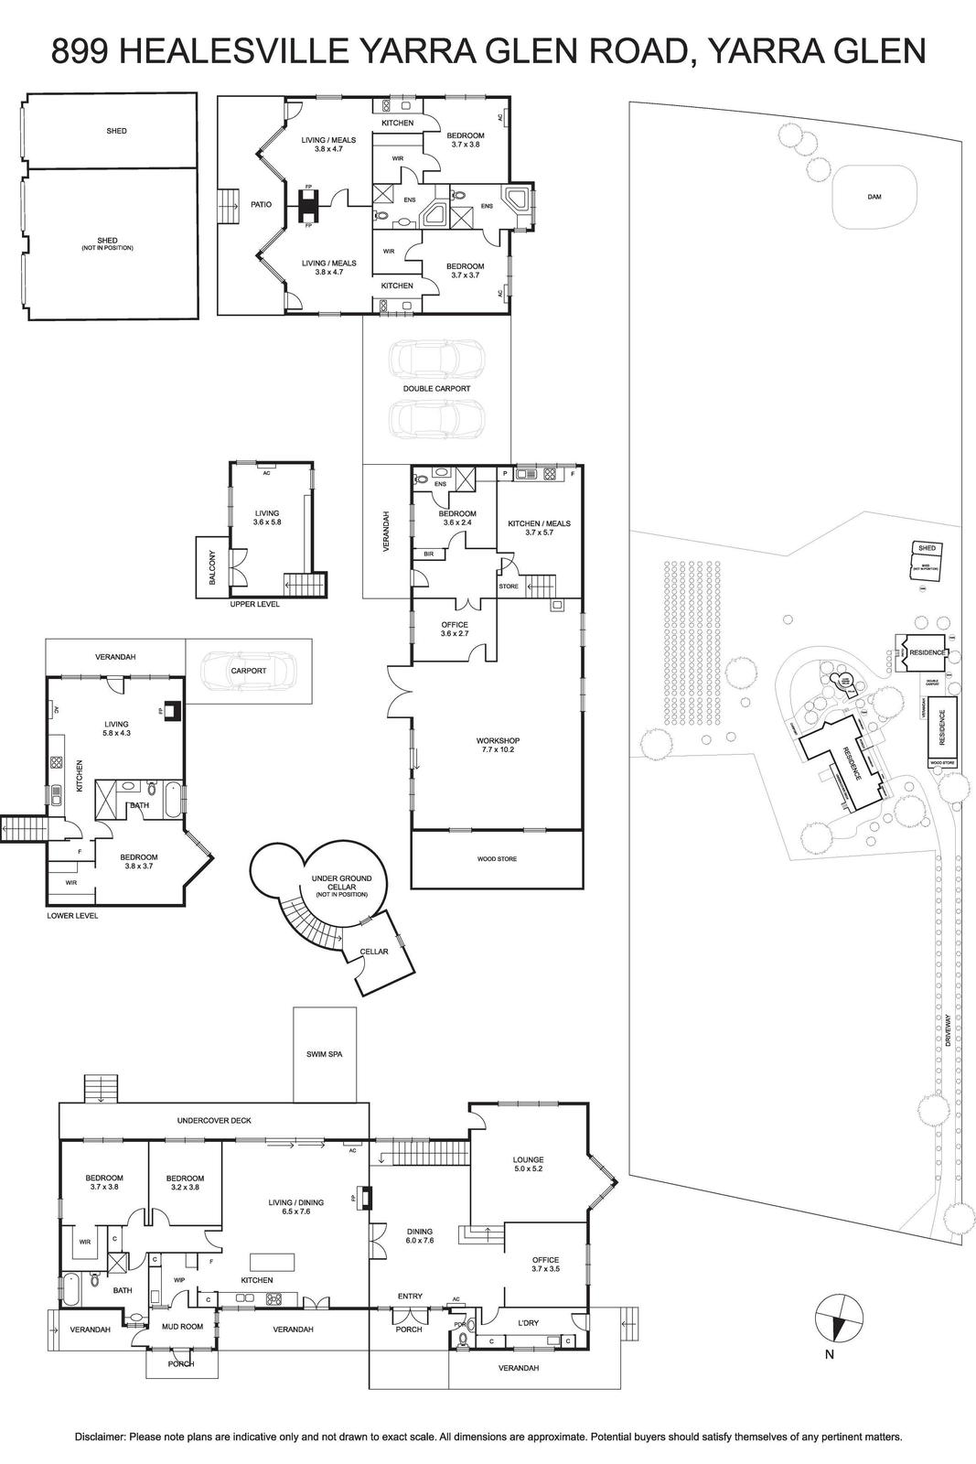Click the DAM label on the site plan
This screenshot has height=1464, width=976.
(x=874, y=197)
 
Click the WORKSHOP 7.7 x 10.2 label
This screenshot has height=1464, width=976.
(x=498, y=745)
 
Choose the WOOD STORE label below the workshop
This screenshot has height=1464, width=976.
(x=497, y=859)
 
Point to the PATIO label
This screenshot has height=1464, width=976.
(x=262, y=204)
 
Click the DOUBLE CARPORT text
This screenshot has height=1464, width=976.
(x=436, y=389)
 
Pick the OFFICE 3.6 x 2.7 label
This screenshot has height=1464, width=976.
(x=455, y=629)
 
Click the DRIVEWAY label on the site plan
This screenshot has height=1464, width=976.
(x=949, y=1029)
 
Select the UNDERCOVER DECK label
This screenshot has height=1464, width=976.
(x=214, y=1120)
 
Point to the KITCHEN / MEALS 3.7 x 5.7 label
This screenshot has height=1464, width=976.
(x=539, y=528)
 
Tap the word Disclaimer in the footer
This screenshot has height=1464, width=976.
(x=100, y=1437)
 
